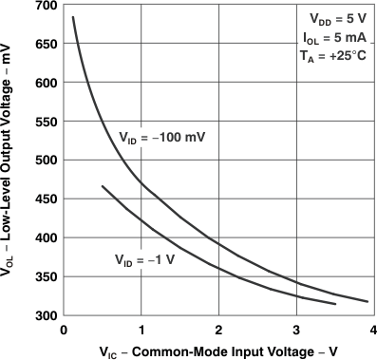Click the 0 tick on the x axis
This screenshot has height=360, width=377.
(63, 329)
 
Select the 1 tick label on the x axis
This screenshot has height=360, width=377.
(141, 329)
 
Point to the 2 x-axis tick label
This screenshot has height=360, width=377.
(218, 329)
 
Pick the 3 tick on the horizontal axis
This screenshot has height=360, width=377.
(296, 329)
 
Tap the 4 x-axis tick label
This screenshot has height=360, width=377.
(373, 329)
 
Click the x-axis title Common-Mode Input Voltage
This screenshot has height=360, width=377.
(218, 351)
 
